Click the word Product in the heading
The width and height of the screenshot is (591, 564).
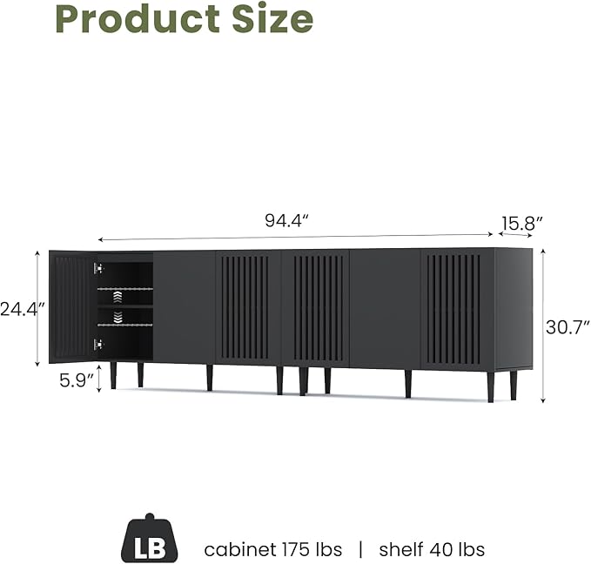[138, 18]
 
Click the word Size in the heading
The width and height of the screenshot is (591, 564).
[272, 18]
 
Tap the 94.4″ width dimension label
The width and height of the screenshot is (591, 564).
[287, 220]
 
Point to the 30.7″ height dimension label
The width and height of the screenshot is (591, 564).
[567, 327]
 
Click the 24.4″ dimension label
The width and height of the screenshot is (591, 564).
[22, 309]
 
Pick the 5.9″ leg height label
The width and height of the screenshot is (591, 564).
[76, 380]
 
